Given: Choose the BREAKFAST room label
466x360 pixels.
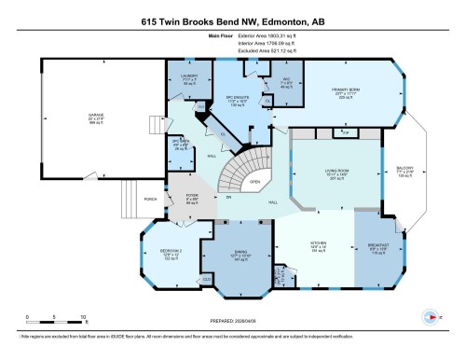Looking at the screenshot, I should (376, 246).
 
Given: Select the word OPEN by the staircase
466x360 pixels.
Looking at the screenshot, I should (254, 183).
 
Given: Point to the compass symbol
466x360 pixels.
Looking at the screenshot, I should (431, 313).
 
